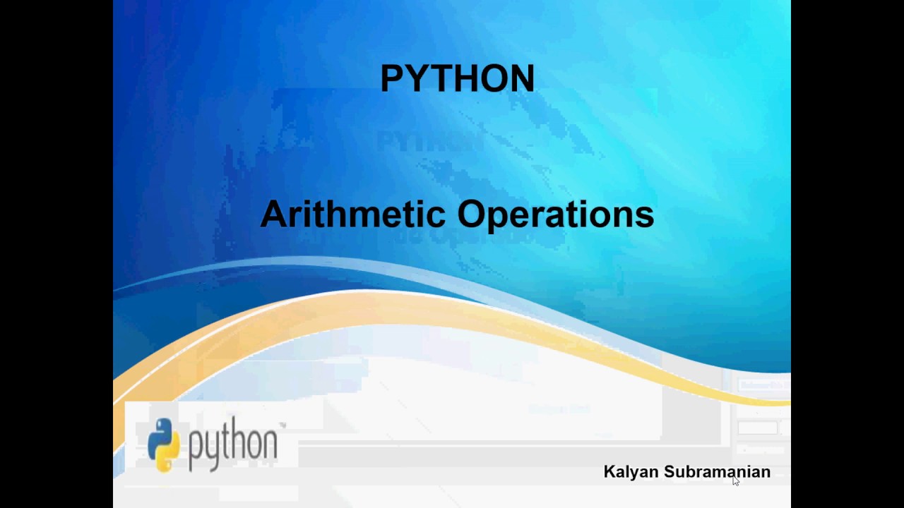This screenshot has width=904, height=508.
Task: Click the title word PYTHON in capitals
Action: click(457, 78)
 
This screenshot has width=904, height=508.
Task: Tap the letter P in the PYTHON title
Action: click(392, 78)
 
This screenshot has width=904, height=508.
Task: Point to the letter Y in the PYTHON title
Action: click(416, 78)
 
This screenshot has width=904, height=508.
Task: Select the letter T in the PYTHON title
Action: click(440, 78)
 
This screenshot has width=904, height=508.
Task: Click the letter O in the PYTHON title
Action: click(494, 78)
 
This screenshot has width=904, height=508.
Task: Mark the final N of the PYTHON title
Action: click(523, 78)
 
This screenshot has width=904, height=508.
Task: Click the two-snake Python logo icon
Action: click(163, 445)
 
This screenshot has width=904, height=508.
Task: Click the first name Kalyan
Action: click(631, 472)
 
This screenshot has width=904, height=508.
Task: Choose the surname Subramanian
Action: click(718, 471)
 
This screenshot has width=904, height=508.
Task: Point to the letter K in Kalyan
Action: click(609, 471)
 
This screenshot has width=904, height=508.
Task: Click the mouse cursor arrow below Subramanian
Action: click(735, 481)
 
